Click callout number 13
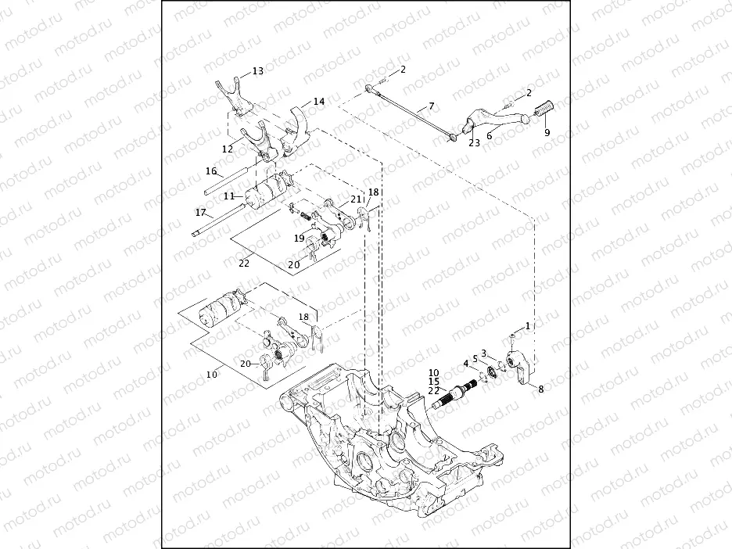pos(257,71)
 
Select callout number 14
pos(318,102)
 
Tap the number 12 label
pos(227,149)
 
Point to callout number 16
pos(210,170)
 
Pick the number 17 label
pos(200,212)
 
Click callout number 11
pos(228,196)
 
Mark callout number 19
pos(300,237)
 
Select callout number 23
pos(474,142)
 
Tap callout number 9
pos(547,132)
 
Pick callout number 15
pos(434,382)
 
